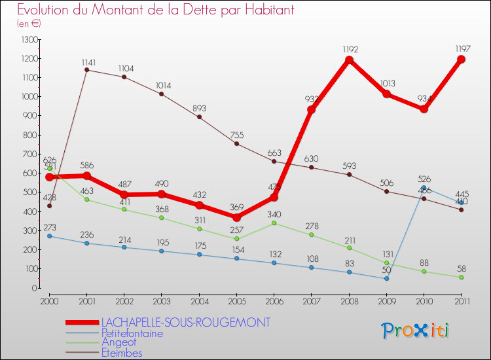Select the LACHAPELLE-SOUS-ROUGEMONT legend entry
tap(185, 323)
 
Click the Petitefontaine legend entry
tap(132, 333)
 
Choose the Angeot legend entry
tap(120, 342)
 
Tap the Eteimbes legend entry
tap(122, 353)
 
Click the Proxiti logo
tap(416, 331)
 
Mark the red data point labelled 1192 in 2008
tap(349, 60)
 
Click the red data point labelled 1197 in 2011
tap(461, 60)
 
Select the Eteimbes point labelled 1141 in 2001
tap(87, 70)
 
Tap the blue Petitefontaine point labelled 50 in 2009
tap(386, 279)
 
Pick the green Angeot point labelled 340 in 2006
tap(274, 223)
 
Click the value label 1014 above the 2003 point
tap(162, 85)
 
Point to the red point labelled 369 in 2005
tap(237, 217)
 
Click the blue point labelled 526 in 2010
tap(424, 188)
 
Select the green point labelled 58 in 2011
tap(461, 277)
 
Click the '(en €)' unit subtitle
tap(29, 23)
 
